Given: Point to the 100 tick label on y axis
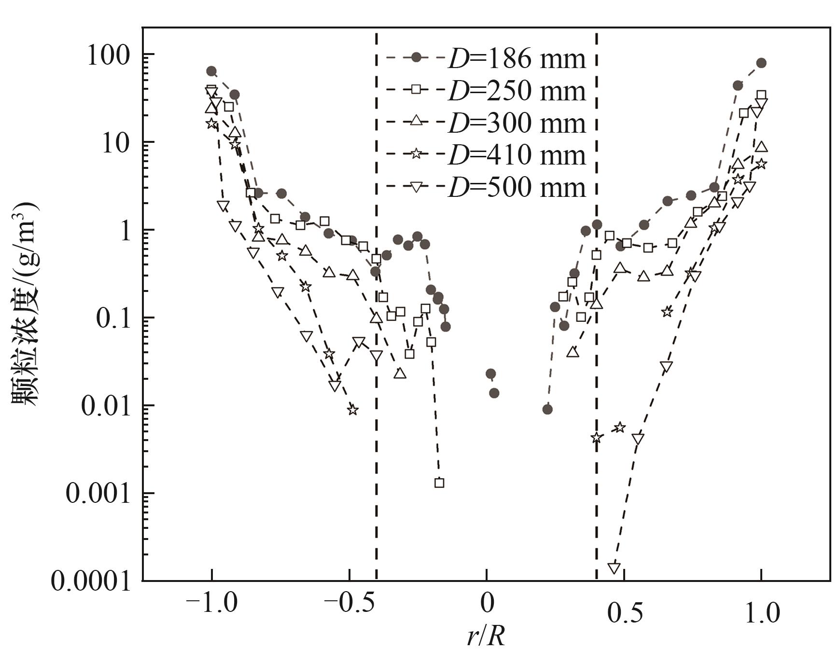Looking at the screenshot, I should point(109,56).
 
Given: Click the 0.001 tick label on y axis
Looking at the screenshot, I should point(98,494).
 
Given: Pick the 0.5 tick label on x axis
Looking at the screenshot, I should point(625,613).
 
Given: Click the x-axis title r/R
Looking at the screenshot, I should point(486,638).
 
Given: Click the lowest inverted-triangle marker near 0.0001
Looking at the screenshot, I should point(614,568).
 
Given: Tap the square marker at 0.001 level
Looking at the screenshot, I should point(439,483).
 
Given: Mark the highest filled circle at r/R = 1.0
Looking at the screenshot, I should point(761,63).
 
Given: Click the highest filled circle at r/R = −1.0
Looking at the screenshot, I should point(211,71).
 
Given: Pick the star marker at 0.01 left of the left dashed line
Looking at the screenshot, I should point(353,410).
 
